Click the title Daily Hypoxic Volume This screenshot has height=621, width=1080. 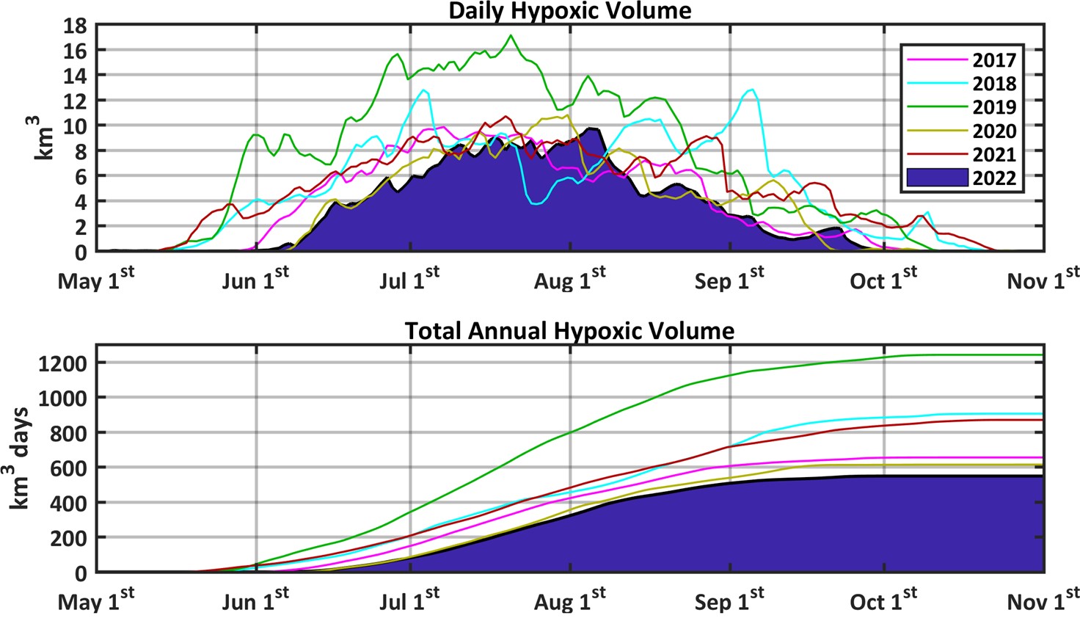click(569, 10)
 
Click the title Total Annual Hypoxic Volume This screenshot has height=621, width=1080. click(569, 331)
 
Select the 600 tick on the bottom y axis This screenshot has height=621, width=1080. click(71, 468)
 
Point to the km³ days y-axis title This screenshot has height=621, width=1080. click(21, 459)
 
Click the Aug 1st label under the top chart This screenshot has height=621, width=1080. click(569, 280)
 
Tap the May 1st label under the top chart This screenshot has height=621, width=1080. click(96, 280)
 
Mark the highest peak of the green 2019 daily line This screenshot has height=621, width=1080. click(511, 35)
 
